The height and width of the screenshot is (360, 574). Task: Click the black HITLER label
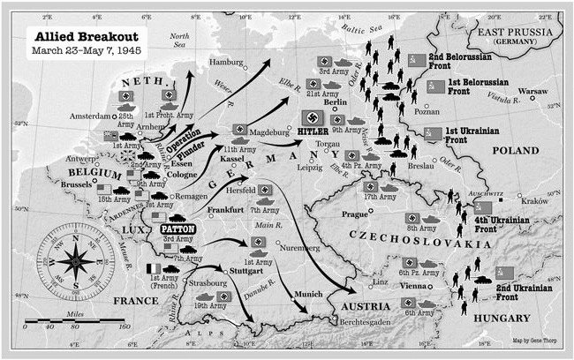click(313, 131)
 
